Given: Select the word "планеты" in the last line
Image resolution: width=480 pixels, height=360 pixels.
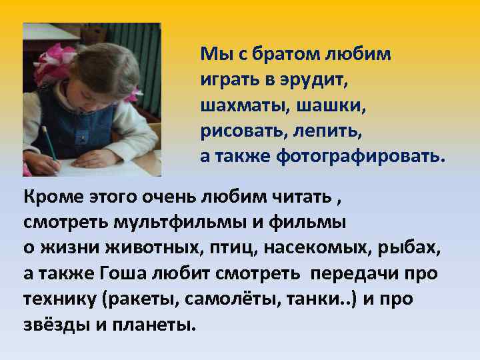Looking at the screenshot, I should point(157,325).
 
